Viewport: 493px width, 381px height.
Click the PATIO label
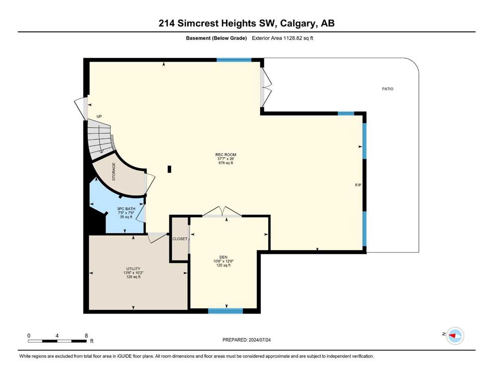[x=387, y=89]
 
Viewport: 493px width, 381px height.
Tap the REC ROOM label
[x=225, y=155]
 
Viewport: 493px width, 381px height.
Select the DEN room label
[x=223, y=257]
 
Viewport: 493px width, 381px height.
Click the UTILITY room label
[x=134, y=269]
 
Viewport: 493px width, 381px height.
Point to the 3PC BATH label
[x=126, y=209]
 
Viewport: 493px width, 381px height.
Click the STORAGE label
[x=114, y=172]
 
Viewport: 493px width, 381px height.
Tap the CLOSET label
[x=180, y=239]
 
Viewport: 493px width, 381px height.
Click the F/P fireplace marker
[x=358, y=186]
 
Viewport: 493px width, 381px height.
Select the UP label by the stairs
[x=99, y=117]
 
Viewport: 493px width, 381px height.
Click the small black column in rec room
[x=169, y=169]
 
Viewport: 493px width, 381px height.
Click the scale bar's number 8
[x=86, y=336]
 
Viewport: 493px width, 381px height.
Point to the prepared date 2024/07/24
[x=259, y=340]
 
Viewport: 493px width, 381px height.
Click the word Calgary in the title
[x=298, y=23]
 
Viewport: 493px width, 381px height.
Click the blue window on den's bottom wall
[x=225, y=311]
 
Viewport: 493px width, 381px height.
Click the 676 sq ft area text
[x=225, y=163]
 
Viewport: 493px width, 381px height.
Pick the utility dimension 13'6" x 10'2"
[x=134, y=273]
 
